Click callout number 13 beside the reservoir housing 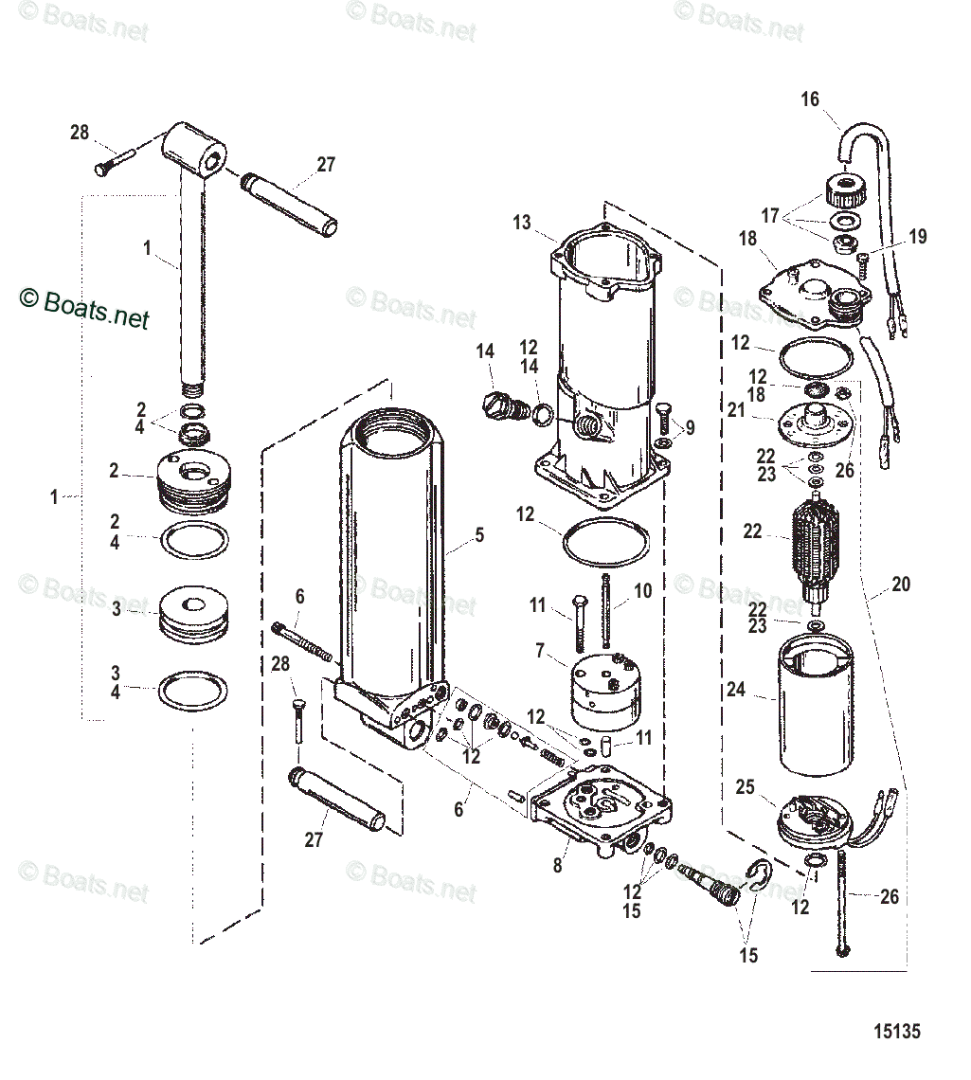click(x=522, y=223)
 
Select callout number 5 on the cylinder click(x=479, y=535)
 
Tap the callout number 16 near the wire click(x=810, y=99)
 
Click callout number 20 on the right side click(x=900, y=585)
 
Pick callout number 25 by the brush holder click(x=746, y=787)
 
